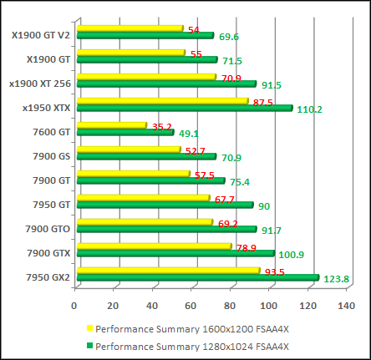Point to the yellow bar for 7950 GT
(142, 198)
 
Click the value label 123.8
(336, 279)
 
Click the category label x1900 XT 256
(39, 84)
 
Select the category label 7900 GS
(52, 155)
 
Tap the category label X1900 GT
(49, 59)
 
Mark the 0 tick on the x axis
(75, 306)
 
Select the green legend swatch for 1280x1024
(89, 345)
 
